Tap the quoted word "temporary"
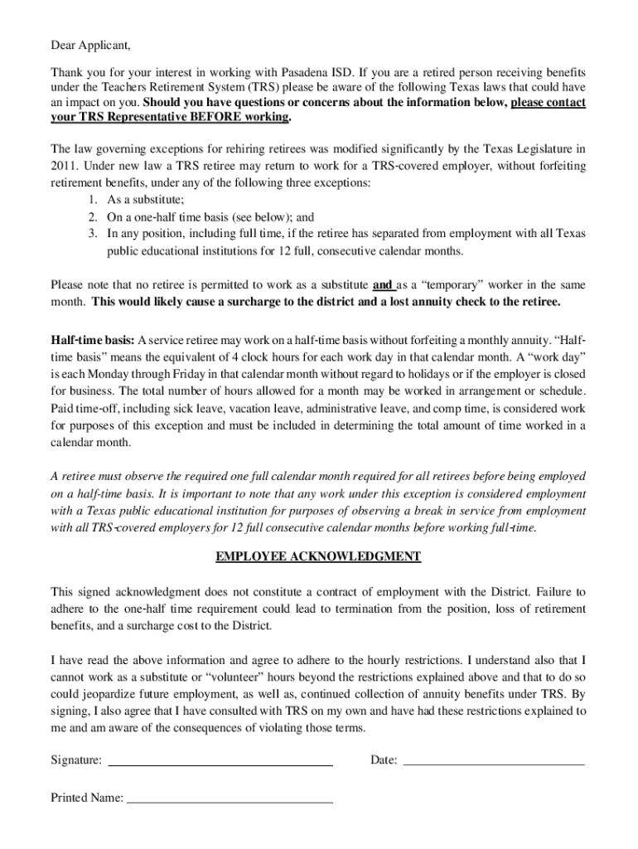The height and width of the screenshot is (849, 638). (x=445, y=285)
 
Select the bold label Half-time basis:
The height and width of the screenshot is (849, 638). (x=93, y=340)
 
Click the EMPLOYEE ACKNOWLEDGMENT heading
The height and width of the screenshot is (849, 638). (x=318, y=556)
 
